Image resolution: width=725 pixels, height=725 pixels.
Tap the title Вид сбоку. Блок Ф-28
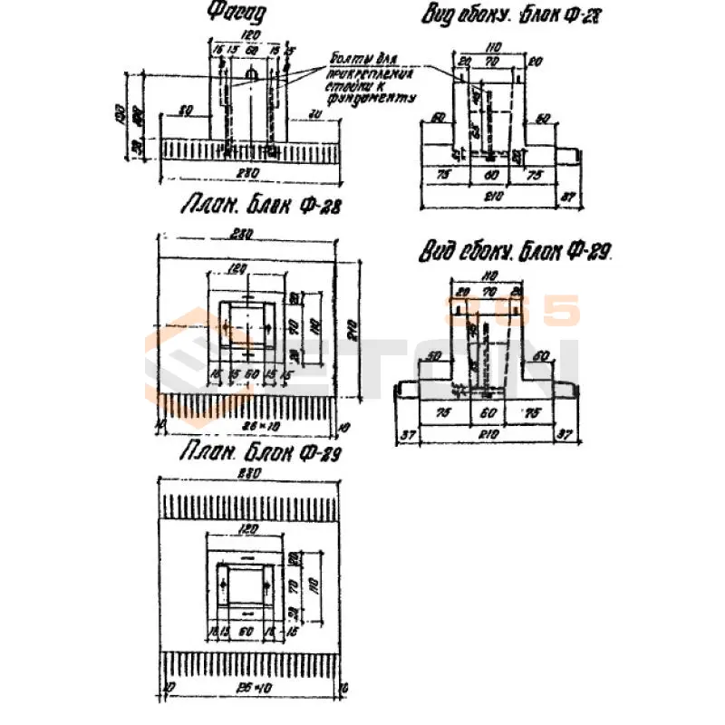[512, 15]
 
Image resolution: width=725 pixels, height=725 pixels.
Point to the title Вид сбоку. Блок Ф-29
[515, 252]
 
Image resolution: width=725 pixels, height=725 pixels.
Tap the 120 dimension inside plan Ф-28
[240, 268]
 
